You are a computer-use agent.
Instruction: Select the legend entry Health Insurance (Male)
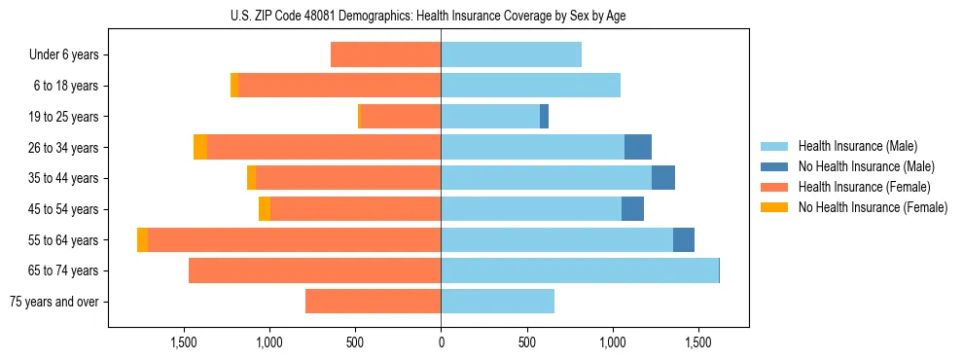[857, 146]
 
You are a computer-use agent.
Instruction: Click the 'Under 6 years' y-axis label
[64, 54]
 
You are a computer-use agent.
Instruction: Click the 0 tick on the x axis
[441, 342]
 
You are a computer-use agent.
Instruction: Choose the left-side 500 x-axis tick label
[355, 342]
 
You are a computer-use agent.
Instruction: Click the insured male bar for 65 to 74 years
[580, 270]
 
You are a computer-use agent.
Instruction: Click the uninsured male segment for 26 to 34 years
[638, 147]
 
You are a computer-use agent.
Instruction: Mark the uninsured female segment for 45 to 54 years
[265, 209]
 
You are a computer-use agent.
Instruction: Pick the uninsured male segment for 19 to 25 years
[545, 117]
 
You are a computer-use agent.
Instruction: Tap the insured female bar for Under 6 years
[386, 54]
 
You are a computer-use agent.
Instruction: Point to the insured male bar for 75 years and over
[497, 302]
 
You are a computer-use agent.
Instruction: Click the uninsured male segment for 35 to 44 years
[663, 178]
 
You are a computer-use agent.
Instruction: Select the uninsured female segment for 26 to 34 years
[200, 147]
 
